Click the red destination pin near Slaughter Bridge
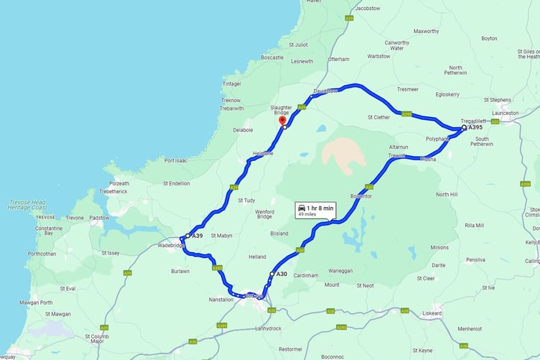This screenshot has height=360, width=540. click(x=282, y=121)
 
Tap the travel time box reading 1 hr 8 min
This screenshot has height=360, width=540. click(x=314, y=210)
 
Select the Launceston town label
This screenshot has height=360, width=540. click(x=505, y=113)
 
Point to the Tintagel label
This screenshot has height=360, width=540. click(x=231, y=83)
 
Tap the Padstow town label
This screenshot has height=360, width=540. click(x=99, y=218)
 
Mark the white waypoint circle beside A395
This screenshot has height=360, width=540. click(x=463, y=128)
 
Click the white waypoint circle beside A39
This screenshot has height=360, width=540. click(x=187, y=236)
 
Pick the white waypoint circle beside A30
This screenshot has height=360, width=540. click(x=271, y=274)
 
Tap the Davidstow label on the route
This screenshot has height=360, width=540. click(x=325, y=91)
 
